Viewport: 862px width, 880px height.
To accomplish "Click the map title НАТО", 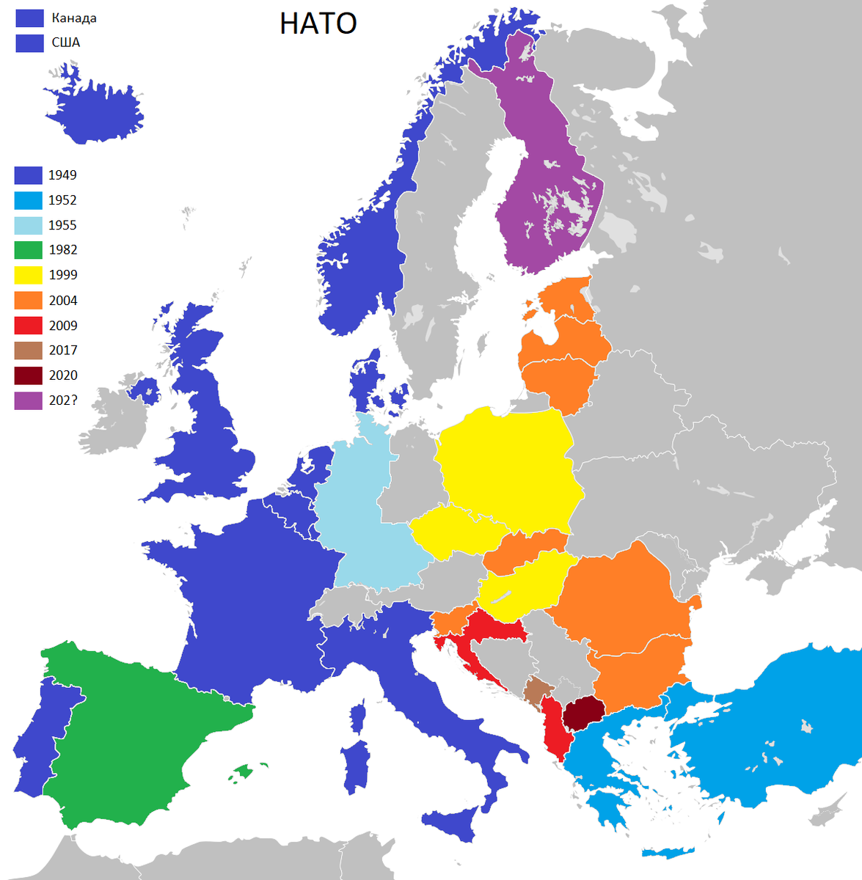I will (318, 23).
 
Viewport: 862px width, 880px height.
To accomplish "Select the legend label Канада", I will (73, 18).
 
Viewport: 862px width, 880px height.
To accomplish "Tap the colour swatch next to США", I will (29, 43).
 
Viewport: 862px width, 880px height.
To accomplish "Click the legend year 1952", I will (62, 200).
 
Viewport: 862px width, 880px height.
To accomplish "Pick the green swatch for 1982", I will (28, 250).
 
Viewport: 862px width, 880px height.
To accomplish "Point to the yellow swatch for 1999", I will (28, 275).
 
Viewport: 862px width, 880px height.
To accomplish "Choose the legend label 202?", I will (62, 400).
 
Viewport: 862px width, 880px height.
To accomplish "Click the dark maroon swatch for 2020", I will (28, 375).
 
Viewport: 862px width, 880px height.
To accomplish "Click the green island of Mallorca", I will (241, 772).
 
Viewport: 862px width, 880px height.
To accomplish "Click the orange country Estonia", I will (569, 297).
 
